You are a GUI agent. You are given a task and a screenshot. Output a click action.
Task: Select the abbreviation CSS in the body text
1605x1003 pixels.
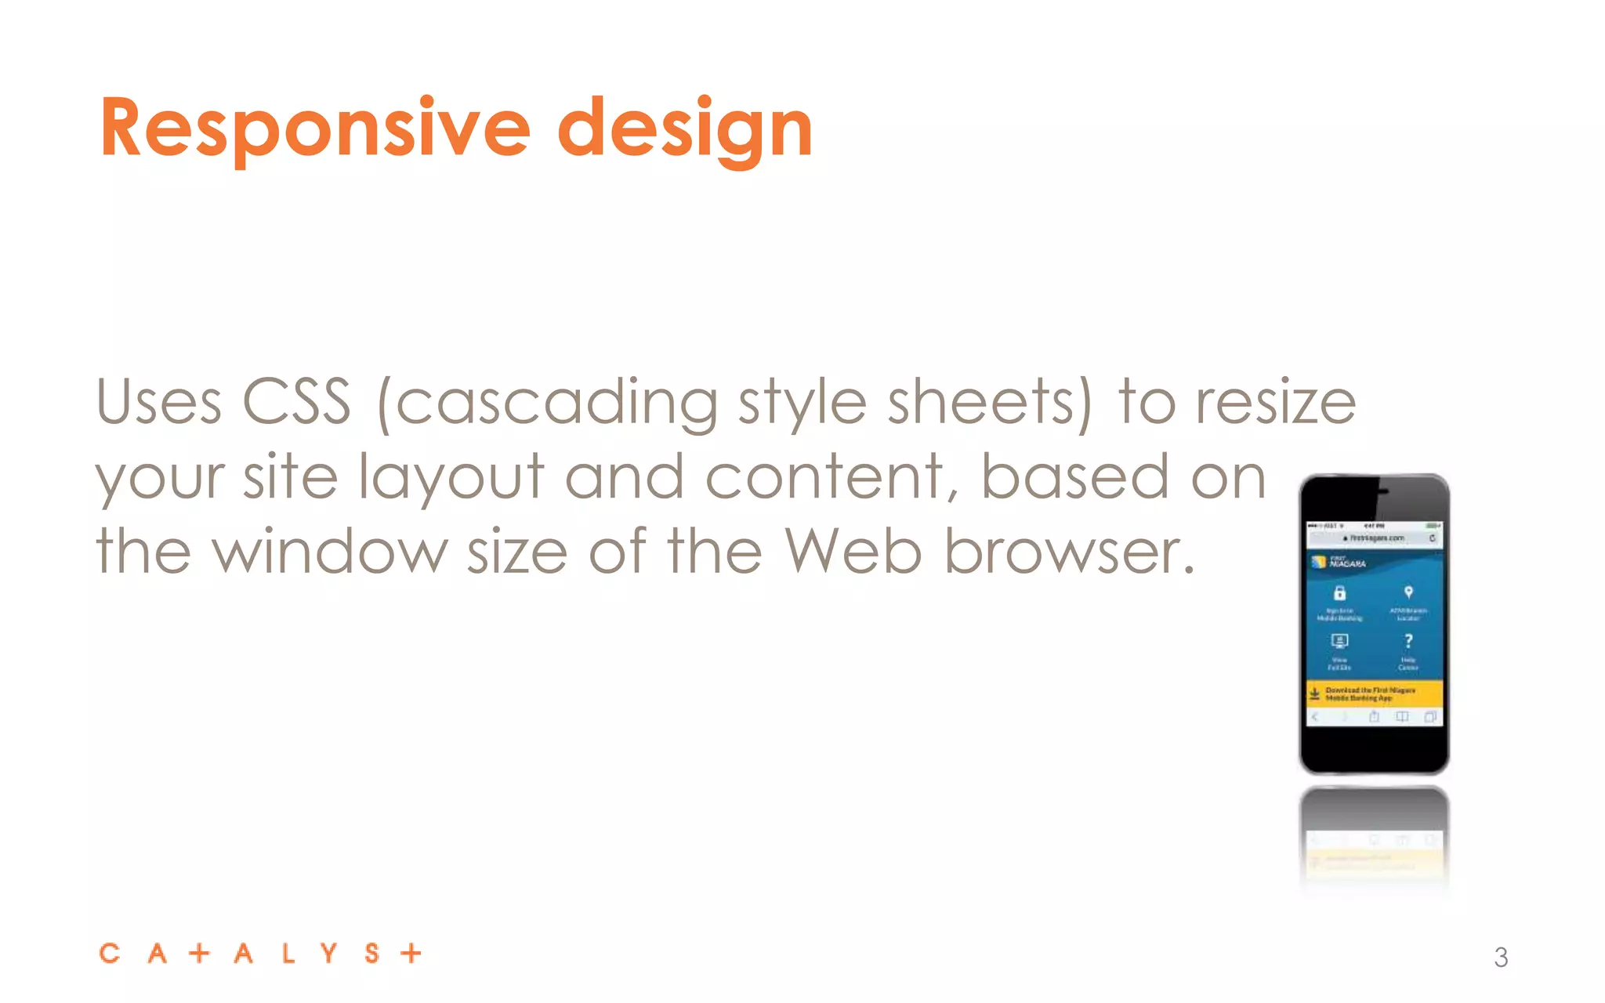[297, 402]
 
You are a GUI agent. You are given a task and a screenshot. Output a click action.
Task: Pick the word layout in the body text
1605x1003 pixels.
[451, 478]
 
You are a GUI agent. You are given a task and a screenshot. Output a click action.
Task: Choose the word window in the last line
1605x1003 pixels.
[330, 552]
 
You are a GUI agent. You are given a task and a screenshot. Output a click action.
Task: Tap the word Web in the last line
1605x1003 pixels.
[853, 552]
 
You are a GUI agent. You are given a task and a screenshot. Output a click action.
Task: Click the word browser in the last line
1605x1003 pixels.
[1069, 552]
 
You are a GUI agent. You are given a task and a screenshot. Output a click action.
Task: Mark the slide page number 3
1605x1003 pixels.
[1501, 958]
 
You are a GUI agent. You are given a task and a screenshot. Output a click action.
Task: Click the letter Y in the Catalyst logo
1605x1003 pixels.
[329, 953]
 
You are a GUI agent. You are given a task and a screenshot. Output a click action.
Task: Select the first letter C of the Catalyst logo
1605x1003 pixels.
[110, 953]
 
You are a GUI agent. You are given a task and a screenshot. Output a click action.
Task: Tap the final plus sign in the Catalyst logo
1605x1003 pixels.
[411, 953]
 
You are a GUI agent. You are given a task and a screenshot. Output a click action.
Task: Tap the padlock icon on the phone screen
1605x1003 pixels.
[1339, 593]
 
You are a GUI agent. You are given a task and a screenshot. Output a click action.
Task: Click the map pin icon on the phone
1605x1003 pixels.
[1408, 592]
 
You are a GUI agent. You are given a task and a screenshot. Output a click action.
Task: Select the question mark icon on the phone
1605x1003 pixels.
[1408, 641]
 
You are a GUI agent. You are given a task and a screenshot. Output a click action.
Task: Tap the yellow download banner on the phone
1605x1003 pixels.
[1374, 693]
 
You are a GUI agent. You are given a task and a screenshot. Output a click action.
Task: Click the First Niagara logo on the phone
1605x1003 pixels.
[1339, 563]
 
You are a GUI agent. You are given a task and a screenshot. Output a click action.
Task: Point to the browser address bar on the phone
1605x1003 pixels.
[1374, 538]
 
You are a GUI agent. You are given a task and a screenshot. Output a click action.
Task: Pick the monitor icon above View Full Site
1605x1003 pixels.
[1339, 641]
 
